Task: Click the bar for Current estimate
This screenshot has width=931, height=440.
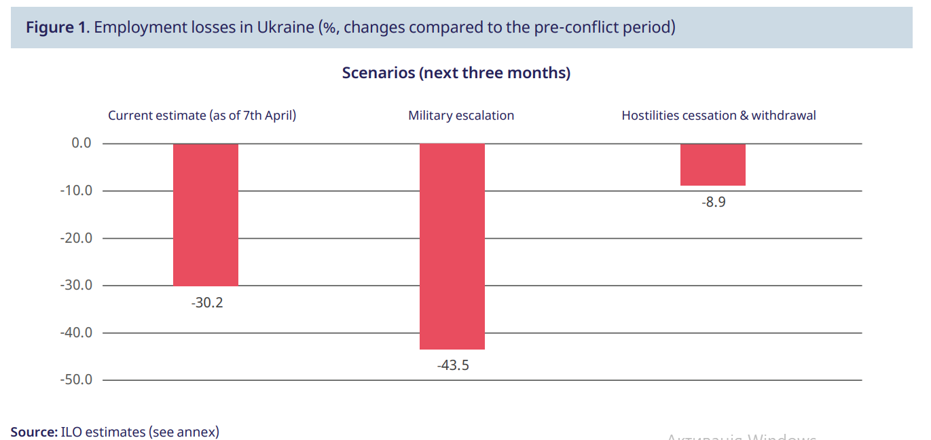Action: coord(206,214)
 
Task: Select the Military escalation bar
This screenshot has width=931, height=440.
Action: coord(452,246)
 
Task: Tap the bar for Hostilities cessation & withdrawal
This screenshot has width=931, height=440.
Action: coord(713,165)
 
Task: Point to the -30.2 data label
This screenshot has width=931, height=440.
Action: coord(206,303)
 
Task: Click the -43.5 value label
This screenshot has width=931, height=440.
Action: coord(453,366)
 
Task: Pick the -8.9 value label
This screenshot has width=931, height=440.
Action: coord(714,202)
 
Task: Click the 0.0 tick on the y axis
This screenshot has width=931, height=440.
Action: coord(81,143)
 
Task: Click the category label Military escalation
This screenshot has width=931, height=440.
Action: coord(461,116)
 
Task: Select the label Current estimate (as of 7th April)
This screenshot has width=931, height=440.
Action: coord(202,116)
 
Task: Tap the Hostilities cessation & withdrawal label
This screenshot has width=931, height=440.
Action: coord(718,116)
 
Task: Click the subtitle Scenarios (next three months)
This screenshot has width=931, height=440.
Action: coord(456,73)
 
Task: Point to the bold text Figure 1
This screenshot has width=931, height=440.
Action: coord(57,28)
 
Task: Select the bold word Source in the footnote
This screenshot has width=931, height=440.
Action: coord(33,432)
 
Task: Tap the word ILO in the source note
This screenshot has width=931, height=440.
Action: coord(70,432)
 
